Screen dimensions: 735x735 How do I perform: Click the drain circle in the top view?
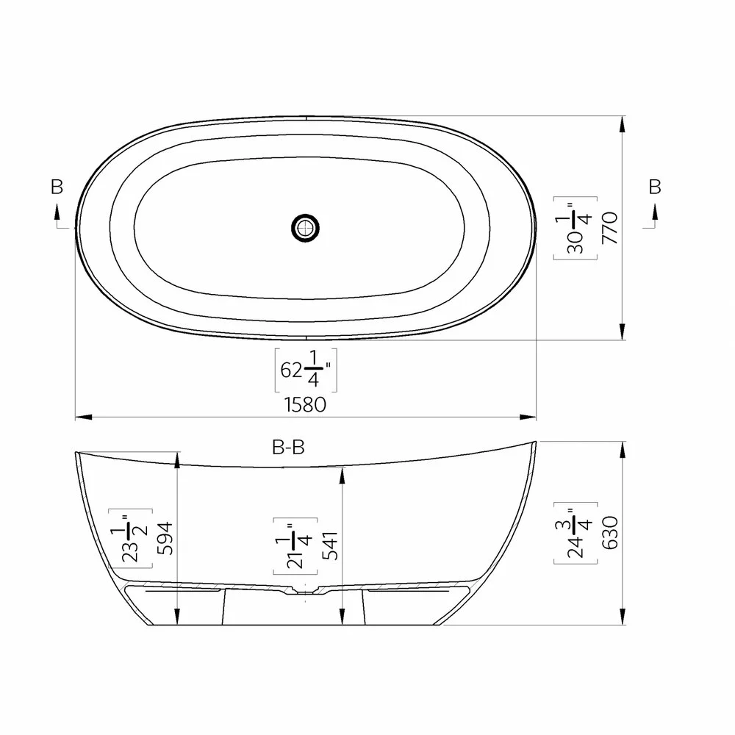(305, 227)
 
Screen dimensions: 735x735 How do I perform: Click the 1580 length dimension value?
(305, 404)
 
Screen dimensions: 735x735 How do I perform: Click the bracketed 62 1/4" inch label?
(305, 370)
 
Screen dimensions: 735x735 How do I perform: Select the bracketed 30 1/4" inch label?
(576, 228)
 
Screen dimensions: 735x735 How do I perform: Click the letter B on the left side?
(57, 187)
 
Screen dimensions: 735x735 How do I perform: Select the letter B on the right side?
(655, 187)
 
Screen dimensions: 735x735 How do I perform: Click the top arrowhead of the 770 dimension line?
(623, 124)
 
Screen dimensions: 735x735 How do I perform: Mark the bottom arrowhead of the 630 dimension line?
(623, 617)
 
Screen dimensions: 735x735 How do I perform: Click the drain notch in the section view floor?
(304, 590)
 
